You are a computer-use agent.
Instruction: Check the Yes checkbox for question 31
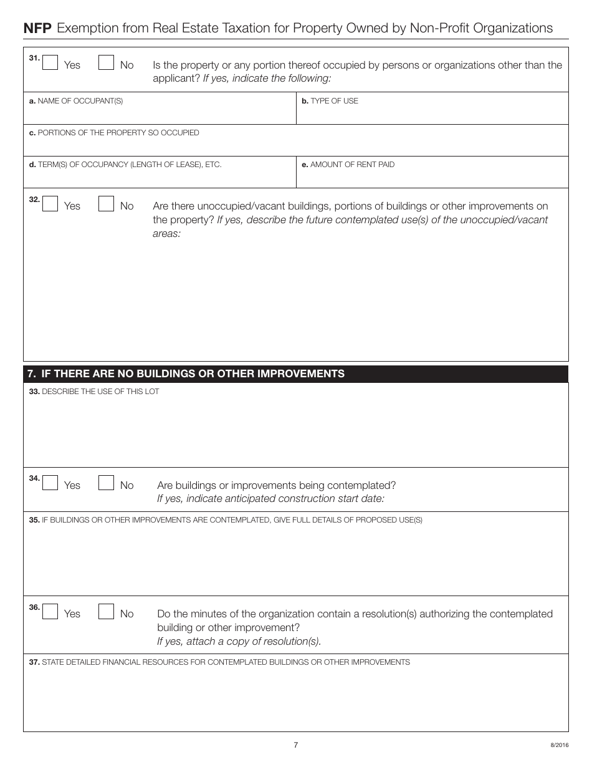pyautogui.click(x=50, y=63)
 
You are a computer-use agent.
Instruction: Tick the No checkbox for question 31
pyautogui.click(x=106, y=63)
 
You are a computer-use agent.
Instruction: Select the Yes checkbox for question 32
pyautogui.click(x=50, y=204)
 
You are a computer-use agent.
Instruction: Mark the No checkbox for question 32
pyautogui.click(x=106, y=204)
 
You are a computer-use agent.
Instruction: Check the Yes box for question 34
pyautogui.click(x=50, y=483)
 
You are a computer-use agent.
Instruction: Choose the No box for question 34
pyautogui.click(x=106, y=483)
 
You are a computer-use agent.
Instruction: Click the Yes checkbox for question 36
pyautogui.click(x=50, y=612)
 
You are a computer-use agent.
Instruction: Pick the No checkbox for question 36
pyautogui.click(x=106, y=612)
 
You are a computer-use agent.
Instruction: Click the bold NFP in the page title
pyautogui.click(x=37, y=28)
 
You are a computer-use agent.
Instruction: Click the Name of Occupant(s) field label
pyautogui.click(x=76, y=101)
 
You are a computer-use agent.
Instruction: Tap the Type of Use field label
pyautogui.click(x=330, y=101)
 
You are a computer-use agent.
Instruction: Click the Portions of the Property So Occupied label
pyautogui.click(x=114, y=133)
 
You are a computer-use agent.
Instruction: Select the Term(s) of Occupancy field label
pyautogui.click(x=125, y=165)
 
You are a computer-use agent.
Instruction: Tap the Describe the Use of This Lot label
pyautogui.click(x=94, y=392)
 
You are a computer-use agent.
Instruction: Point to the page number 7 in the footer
pyautogui.click(x=296, y=745)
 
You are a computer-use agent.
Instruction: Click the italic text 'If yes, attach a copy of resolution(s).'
pyautogui.click(x=239, y=641)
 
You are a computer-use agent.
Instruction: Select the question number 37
pyautogui.click(x=34, y=662)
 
